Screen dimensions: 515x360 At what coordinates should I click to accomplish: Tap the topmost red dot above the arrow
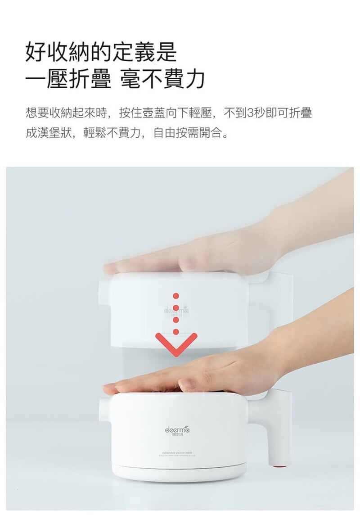click(176, 296)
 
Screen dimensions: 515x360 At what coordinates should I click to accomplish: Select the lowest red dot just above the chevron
click(176, 332)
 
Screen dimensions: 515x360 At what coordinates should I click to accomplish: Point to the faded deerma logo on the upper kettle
click(176, 311)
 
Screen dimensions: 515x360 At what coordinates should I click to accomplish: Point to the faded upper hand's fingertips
click(110, 268)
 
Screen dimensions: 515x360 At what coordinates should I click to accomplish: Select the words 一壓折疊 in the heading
click(68, 79)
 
